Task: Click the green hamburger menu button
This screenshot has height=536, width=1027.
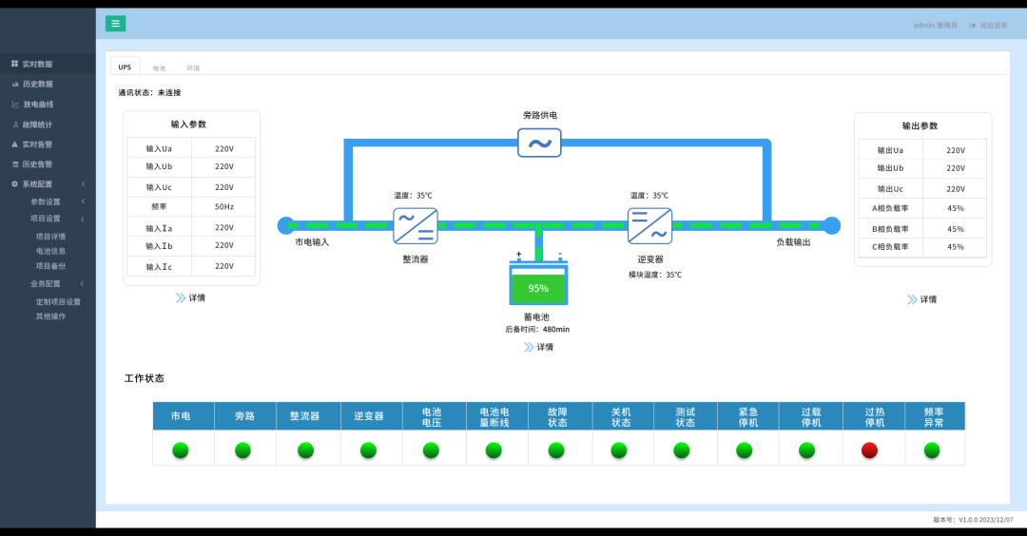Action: tap(115, 24)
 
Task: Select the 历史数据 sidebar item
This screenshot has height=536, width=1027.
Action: tap(37, 84)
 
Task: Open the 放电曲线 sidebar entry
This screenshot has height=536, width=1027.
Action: tap(38, 105)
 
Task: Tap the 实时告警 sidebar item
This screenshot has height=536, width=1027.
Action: tap(37, 144)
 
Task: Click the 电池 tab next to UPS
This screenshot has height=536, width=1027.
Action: tap(159, 68)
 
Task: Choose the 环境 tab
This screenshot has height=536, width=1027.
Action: tap(193, 68)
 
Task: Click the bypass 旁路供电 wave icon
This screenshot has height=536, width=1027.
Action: tap(539, 144)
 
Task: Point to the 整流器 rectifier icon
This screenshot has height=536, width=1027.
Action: tap(416, 225)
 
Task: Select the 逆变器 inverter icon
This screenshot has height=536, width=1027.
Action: tap(649, 225)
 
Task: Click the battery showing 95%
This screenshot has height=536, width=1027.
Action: tap(538, 287)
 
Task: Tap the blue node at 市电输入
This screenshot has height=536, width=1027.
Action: tap(285, 225)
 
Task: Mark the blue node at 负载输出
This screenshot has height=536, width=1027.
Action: tap(832, 225)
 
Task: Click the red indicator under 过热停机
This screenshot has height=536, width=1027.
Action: tap(869, 450)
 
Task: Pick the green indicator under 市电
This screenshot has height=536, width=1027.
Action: tap(180, 450)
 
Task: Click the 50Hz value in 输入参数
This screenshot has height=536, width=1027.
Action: tap(223, 206)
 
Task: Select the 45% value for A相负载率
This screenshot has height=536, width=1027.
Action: tap(956, 208)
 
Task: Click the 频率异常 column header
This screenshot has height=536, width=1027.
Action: tap(933, 416)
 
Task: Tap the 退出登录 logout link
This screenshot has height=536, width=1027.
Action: tap(989, 25)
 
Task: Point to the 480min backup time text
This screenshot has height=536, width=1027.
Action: tap(555, 330)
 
